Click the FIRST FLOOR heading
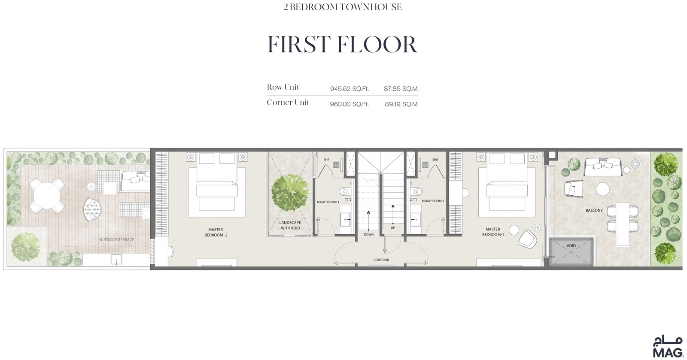343,45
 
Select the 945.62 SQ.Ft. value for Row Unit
350,89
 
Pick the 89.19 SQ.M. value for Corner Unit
402,104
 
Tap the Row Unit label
283,88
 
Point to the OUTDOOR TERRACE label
116,239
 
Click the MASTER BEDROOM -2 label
216,232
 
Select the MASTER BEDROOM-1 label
493,232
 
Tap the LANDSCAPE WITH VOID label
290,225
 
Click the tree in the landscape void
290,193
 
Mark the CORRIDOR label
381,260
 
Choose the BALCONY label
594,211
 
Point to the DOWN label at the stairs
369,234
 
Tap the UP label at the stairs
393,228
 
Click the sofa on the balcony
602,166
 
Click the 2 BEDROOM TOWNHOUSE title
343,7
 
